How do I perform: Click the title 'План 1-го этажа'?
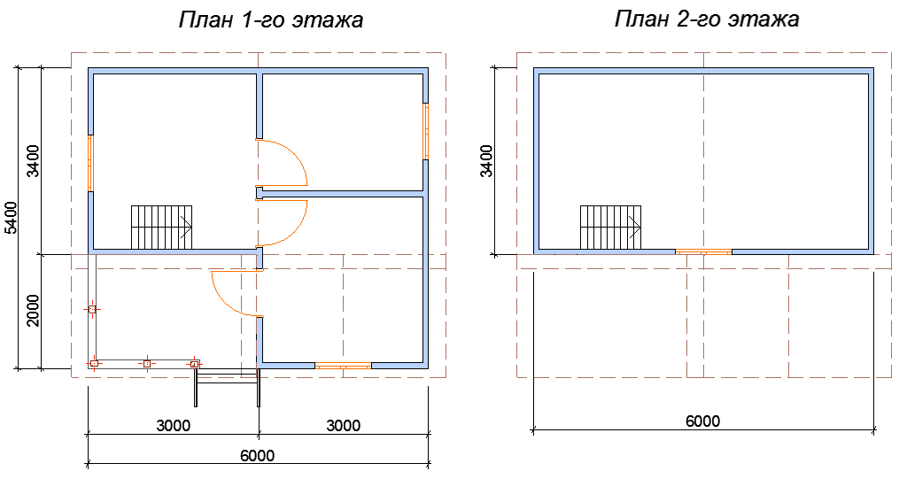[271, 20]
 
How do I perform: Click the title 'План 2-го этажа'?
[707, 19]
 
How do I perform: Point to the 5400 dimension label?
[11, 218]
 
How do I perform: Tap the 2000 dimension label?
[33, 311]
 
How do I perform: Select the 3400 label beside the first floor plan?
[33, 161]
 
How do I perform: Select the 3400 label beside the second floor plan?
[485, 161]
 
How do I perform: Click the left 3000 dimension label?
[173, 426]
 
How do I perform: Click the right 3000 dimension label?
[344, 426]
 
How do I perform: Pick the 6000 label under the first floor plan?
[258, 455]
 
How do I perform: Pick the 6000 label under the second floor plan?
[703, 421]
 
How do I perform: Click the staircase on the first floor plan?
[162, 228]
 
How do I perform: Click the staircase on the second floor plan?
[610, 228]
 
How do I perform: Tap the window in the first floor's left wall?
[91, 163]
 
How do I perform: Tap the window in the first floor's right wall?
[426, 131]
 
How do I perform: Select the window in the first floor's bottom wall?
[344, 366]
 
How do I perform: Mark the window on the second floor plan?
[703, 251]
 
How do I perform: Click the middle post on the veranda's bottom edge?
[147, 363]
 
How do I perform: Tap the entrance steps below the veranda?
[227, 387]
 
